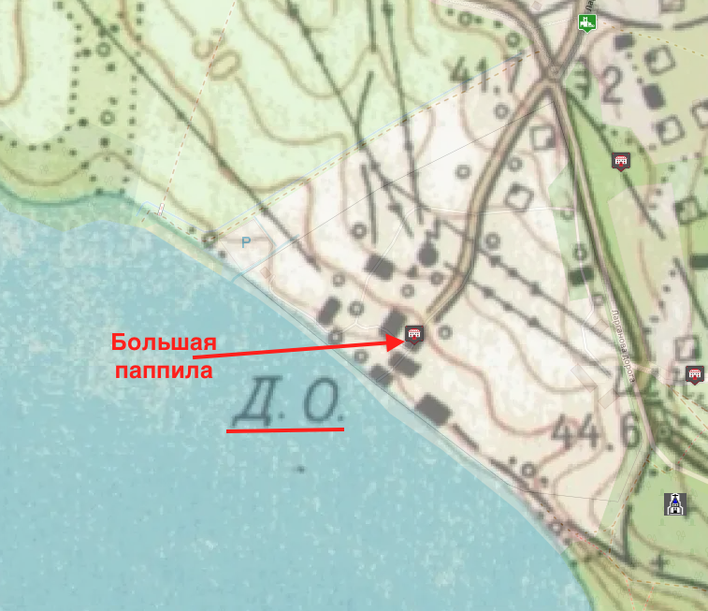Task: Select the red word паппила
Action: [x=164, y=370]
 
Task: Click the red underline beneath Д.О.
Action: [x=285, y=430]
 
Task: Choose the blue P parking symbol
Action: [x=246, y=242]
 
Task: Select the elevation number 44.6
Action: [x=588, y=432]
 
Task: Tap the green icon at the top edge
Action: [x=587, y=22]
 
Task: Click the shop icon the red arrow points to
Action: [x=413, y=334]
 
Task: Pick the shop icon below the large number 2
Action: [x=619, y=162]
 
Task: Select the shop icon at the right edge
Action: [x=694, y=375]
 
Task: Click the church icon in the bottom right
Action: [x=674, y=504]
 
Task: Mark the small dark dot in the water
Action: [x=301, y=467]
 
